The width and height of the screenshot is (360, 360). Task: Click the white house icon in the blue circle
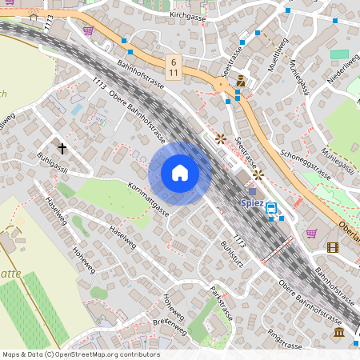(180, 173)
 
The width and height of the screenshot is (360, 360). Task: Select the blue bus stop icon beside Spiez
(272, 208)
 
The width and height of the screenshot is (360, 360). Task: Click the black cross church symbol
(62, 148)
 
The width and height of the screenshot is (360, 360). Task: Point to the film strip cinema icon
(333, 247)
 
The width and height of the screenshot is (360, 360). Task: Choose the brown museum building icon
(339, 332)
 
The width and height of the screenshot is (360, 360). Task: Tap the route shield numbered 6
(174, 61)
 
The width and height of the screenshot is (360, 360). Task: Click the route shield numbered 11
(174, 72)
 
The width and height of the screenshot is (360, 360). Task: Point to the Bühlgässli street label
(52, 163)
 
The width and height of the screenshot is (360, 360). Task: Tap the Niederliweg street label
(345, 74)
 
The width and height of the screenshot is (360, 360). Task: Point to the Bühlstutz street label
(214, 255)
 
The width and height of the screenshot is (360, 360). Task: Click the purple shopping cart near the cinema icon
(311, 234)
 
